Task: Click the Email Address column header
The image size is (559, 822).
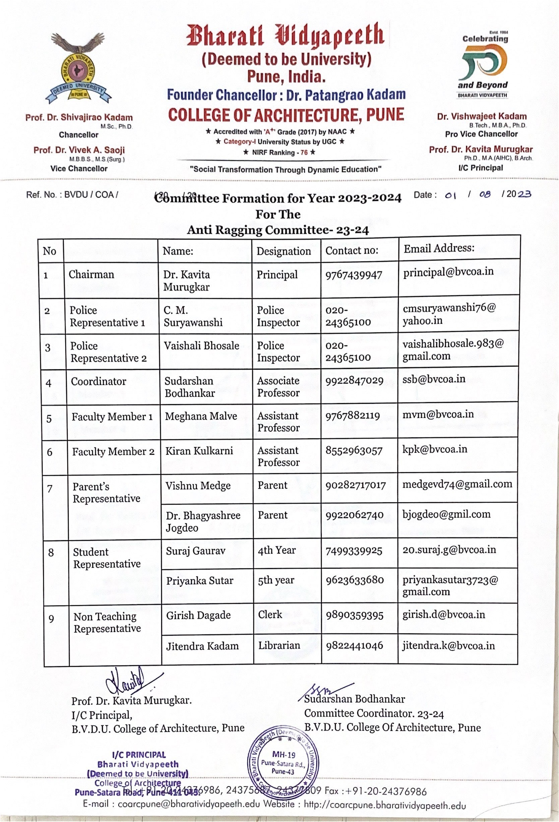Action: (x=439, y=248)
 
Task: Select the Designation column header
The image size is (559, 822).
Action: (x=284, y=251)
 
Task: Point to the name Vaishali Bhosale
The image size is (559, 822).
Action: (x=201, y=345)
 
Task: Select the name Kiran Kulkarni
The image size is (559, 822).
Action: (x=199, y=451)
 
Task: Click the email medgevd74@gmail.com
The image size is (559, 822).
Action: (x=457, y=484)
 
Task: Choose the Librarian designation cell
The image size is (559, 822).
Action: (x=279, y=645)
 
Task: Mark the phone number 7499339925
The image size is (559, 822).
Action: (x=354, y=551)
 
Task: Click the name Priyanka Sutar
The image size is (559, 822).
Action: (x=199, y=581)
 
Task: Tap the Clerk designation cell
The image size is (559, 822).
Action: (x=270, y=615)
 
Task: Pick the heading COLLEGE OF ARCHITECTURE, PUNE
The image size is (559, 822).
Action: (x=286, y=115)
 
